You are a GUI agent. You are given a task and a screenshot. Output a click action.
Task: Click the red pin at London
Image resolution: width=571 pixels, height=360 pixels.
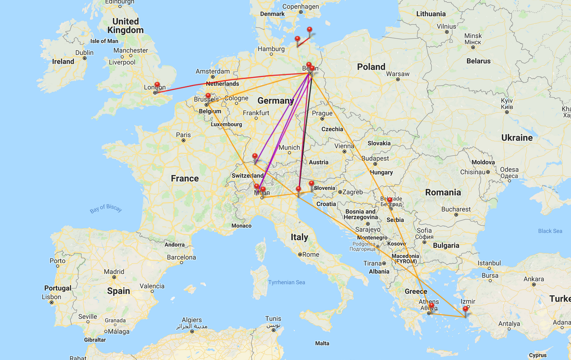(x=157, y=85)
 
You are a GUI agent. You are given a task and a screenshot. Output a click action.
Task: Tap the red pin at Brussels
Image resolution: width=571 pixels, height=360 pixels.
(x=208, y=96)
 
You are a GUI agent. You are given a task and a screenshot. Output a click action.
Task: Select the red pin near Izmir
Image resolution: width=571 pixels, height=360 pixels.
(x=466, y=309)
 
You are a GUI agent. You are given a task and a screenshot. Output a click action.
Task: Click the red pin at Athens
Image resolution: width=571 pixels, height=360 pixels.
(x=431, y=306)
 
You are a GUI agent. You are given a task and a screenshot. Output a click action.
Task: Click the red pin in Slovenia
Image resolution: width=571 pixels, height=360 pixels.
(x=312, y=184)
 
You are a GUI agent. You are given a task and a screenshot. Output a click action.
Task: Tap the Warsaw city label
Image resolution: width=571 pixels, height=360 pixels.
(x=397, y=74)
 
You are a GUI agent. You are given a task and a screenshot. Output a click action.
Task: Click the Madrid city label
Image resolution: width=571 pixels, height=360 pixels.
(x=114, y=272)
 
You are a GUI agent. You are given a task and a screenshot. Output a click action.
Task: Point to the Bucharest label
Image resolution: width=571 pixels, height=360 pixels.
(x=456, y=209)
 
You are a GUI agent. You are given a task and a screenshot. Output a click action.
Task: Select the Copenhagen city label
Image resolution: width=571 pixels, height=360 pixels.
(x=300, y=6)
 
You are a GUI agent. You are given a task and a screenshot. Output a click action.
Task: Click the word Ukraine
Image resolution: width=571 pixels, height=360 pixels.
(x=517, y=138)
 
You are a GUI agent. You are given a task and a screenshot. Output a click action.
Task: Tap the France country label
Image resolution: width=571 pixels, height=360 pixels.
(x=185, y=178)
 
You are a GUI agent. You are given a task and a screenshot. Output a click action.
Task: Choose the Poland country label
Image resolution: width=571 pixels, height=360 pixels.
(x=371, y=67)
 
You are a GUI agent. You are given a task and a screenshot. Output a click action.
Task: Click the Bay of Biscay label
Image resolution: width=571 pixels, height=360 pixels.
(x=106, y=209)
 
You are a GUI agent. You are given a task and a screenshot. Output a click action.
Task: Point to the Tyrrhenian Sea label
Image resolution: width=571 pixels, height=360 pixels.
(x=287, y=282)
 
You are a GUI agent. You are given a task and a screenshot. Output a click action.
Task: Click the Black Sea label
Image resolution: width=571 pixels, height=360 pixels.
(x=550, y=231)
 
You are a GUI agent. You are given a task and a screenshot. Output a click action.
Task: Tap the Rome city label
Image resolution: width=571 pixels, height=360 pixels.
(x=310, y=255)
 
